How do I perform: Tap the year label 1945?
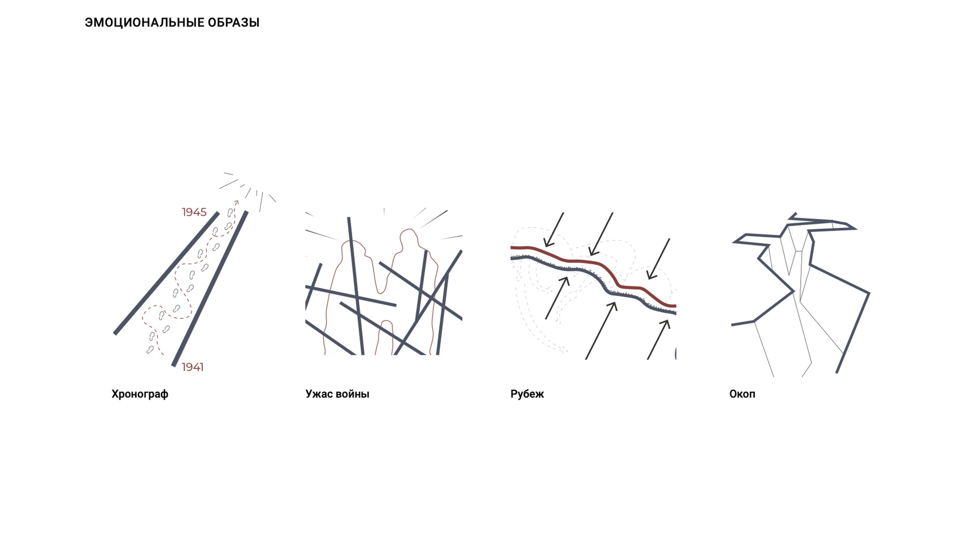click(194, 212)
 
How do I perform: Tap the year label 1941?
click(193, 367)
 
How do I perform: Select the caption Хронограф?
click(140, 394)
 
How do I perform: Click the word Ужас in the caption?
click(319, 394)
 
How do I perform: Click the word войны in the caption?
click(353, 394)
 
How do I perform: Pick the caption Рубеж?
click(527, 394)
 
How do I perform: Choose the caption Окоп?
click(742, 394)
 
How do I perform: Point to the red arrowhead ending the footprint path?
click(236, 203)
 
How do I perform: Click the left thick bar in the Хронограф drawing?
click(166, 273)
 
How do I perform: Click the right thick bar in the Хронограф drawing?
click(210, 288)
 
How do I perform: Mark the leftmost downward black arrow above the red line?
click(554, 230)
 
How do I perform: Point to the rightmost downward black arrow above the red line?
click(658, 258)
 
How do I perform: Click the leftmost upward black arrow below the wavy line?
click(557, 298)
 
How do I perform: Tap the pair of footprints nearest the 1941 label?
click(150, 350)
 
